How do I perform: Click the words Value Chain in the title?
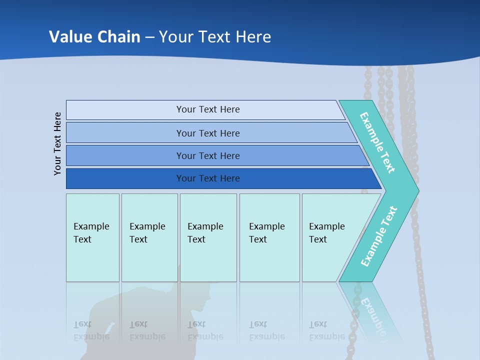pyautogui.click(x=94, y=36)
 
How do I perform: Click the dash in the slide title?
pyautogui.click(x=149, y=37)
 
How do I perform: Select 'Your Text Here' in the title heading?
pyautogui.click(x=215, y=36)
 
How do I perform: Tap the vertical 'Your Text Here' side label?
pyautogui.click(x=58, y=144)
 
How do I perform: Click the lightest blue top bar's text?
pyautogui.click(x=208, y=109)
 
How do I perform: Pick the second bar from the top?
pyautogui.click(x=208, y=133)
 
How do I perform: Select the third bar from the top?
pyautogui.click(x=208, y=155)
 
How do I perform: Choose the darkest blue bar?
pyautogui.click(x=208, y=178)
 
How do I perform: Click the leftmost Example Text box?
pyautogui.click(x=92, y=237)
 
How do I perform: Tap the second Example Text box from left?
pyautogui.click(x=149, y=237)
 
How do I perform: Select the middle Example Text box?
pyautogui.click(x=208, y=237)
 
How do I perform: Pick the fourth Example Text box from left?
pyautogui.click(x=269, y=237)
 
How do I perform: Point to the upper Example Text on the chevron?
pyautogui.click(x=377, y=142)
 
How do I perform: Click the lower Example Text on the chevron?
pyautogui.click(x=379, y=236)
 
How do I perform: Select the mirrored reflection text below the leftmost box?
pyautogui.click(x=91, y=330)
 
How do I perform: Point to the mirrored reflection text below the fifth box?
pyautogui.click(x=327, y=330)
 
